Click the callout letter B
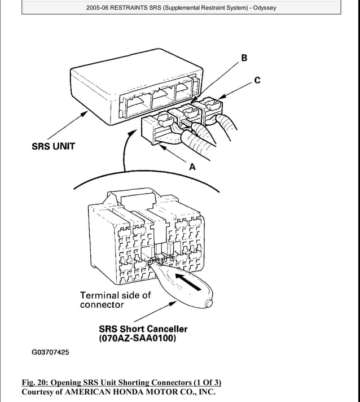[x=244, y=58]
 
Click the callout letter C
[x=257, y=80]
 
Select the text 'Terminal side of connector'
[x=115, y=300]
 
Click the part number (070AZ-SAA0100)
[x=138, y=339]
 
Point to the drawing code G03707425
[x=50, y=352]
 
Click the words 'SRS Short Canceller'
[x=143, y=329]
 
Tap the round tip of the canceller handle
[x=209, y=304]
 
